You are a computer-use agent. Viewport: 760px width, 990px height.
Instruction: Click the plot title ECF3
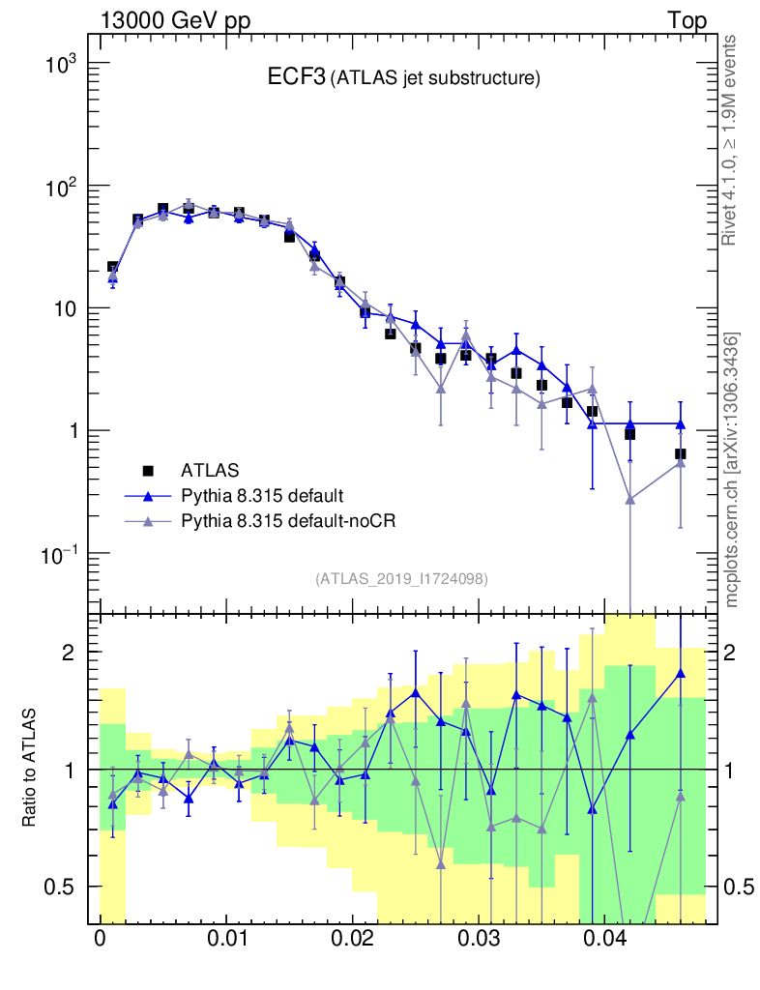(296, 78)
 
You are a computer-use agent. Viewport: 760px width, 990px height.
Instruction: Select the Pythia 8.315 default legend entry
(261, 496)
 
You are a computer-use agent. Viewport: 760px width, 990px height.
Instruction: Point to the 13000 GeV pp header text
(175, 20)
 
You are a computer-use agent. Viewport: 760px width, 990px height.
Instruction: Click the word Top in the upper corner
(687, 20)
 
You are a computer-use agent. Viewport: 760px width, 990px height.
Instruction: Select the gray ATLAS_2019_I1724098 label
(401, 579)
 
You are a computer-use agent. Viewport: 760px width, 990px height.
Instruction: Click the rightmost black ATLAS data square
(681, 453)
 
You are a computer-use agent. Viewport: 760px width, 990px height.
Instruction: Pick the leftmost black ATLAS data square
(113, 267)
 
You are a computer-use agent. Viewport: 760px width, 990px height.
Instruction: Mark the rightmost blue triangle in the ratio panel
(681, 673)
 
